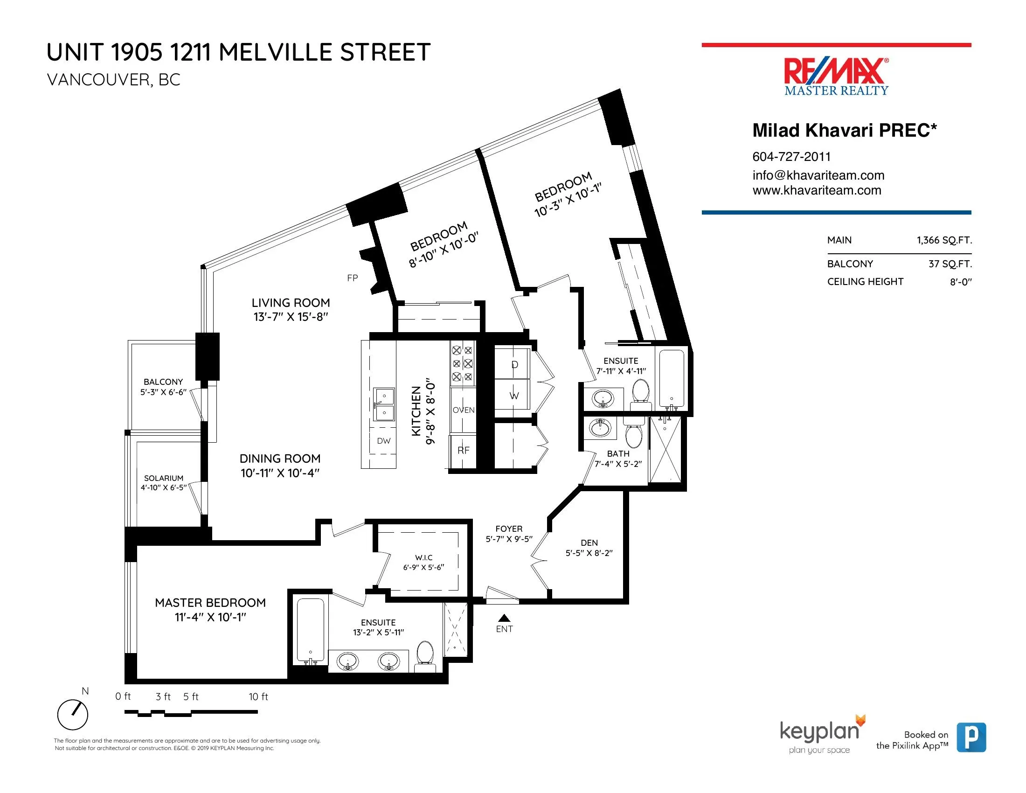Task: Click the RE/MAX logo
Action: click(x=836, y=76)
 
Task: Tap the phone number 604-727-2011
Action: click(x=791, y=156)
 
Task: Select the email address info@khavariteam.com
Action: click(x=818, y=175)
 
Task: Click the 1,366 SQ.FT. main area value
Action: click(x=944, y=240)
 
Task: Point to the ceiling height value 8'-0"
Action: click(x=961, y=282)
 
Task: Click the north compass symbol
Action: click(x=73, y=715)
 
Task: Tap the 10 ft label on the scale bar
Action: click(x=258, y=697)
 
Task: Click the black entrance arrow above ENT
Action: click(x=504, y=618)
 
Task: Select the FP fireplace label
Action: click(x=352, y=278)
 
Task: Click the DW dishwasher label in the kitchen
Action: click(x=384, y=441)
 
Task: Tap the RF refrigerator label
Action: click(x=463, y=450)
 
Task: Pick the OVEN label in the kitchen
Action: click(x=463, y=410)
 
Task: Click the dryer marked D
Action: click(x=514, y=365)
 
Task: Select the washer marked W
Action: click(x=514, y=396)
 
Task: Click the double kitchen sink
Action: click(x=384, y=404)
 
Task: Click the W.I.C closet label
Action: click(x=424, y=557)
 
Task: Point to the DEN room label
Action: click(x=589, y=543)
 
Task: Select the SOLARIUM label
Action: click(x=164, y=478)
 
